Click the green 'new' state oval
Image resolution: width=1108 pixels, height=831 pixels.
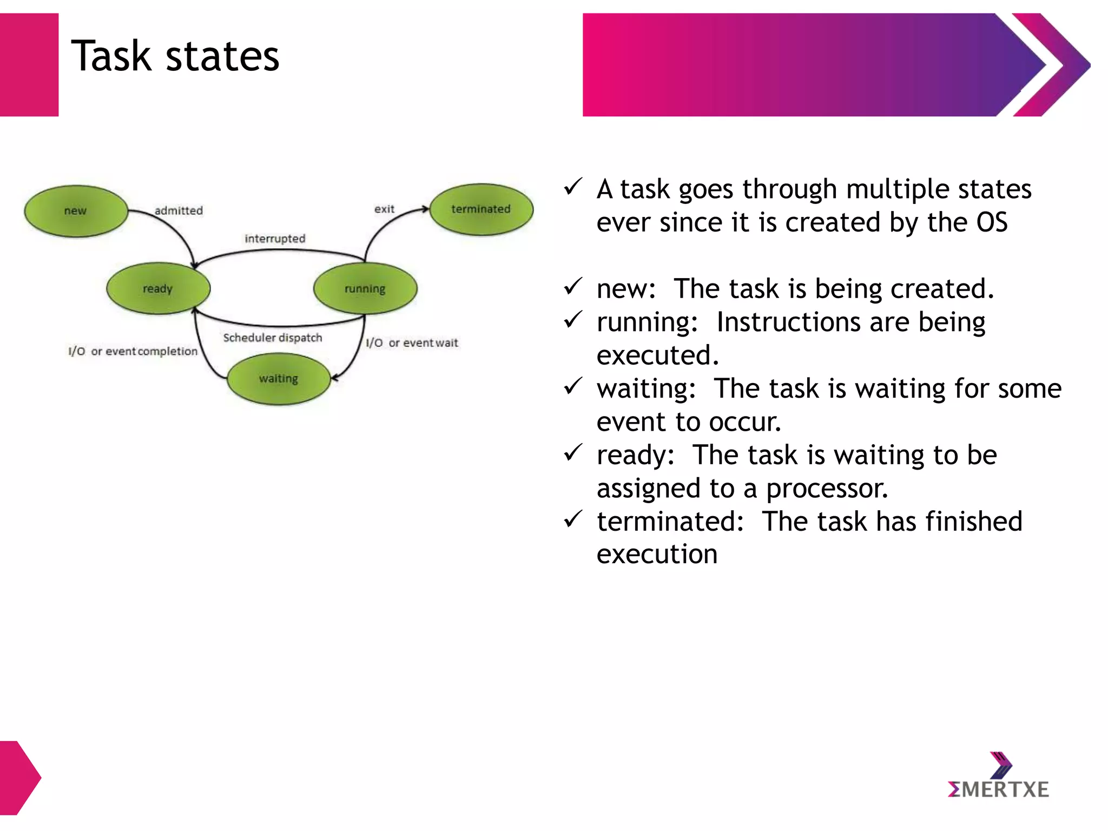[x=76, y=211]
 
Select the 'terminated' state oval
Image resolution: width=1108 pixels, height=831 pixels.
[x=481, y=209]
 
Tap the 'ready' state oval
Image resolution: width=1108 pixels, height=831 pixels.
[x=157, y=288]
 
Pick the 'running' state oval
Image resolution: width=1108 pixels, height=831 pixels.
[x=365, y=288]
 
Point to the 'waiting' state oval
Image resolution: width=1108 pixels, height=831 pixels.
[x=278, y=379]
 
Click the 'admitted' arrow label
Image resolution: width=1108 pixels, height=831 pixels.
[x=179, y=210]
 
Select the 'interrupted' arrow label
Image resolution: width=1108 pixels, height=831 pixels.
[x=275, y=239]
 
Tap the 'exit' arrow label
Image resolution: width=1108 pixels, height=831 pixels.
[x=384, y=209]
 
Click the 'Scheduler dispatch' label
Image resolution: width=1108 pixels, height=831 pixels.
[x=272, y=338]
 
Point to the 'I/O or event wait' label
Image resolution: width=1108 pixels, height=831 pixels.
[x=412, y=343]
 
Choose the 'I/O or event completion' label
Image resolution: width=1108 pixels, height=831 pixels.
[x=133, y=352]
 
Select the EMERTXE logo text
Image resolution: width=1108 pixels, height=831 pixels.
[x=998, y=789]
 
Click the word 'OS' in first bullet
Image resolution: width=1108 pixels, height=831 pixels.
[x=992, y=223]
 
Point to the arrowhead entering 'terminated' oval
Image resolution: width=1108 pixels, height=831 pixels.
[x=425, y=209]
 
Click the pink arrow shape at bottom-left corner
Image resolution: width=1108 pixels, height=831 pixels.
[x=19, y=777]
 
